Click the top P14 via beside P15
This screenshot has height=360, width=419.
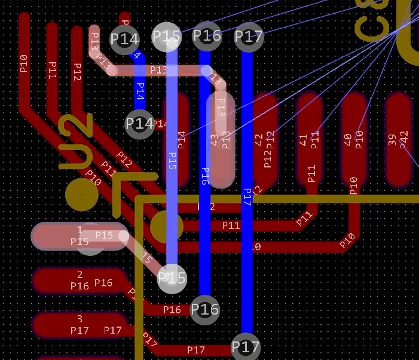point(124,39)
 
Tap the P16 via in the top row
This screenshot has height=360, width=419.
point(207,36)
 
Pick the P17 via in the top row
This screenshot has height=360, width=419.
point(248,37)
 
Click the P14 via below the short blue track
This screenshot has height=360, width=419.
point(140,124)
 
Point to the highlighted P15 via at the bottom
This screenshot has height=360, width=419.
point(172,278)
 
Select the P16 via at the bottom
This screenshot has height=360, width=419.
point(204,310)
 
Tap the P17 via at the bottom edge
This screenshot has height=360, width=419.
point(246,347)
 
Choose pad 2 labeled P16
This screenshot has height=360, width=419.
point(78,280)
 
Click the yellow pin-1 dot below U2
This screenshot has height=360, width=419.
point(82,194)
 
